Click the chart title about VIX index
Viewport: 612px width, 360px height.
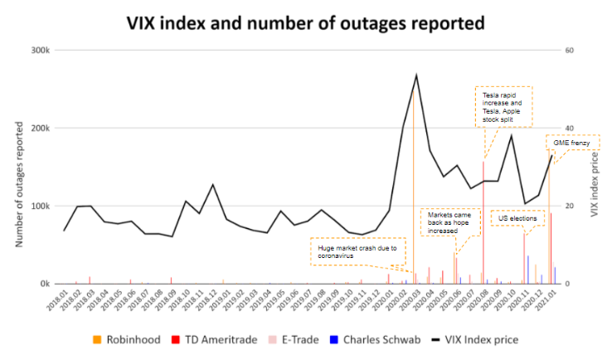[x=304, y=22]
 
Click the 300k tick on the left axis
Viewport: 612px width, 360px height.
[x=39, y=51]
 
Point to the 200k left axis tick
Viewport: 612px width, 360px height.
[x=39, y=129]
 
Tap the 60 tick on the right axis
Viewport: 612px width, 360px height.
[x=570, y=51]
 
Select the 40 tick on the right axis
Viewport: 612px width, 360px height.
[x=570, y=129]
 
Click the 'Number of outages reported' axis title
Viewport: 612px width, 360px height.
[x=18, y=168]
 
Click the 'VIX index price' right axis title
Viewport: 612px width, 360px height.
[x=595, y=168]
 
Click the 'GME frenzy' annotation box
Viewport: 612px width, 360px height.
[x=572, y=144]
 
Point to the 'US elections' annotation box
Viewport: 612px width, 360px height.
[x=517, y=219]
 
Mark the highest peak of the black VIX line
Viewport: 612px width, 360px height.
[x=416, y=75]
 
